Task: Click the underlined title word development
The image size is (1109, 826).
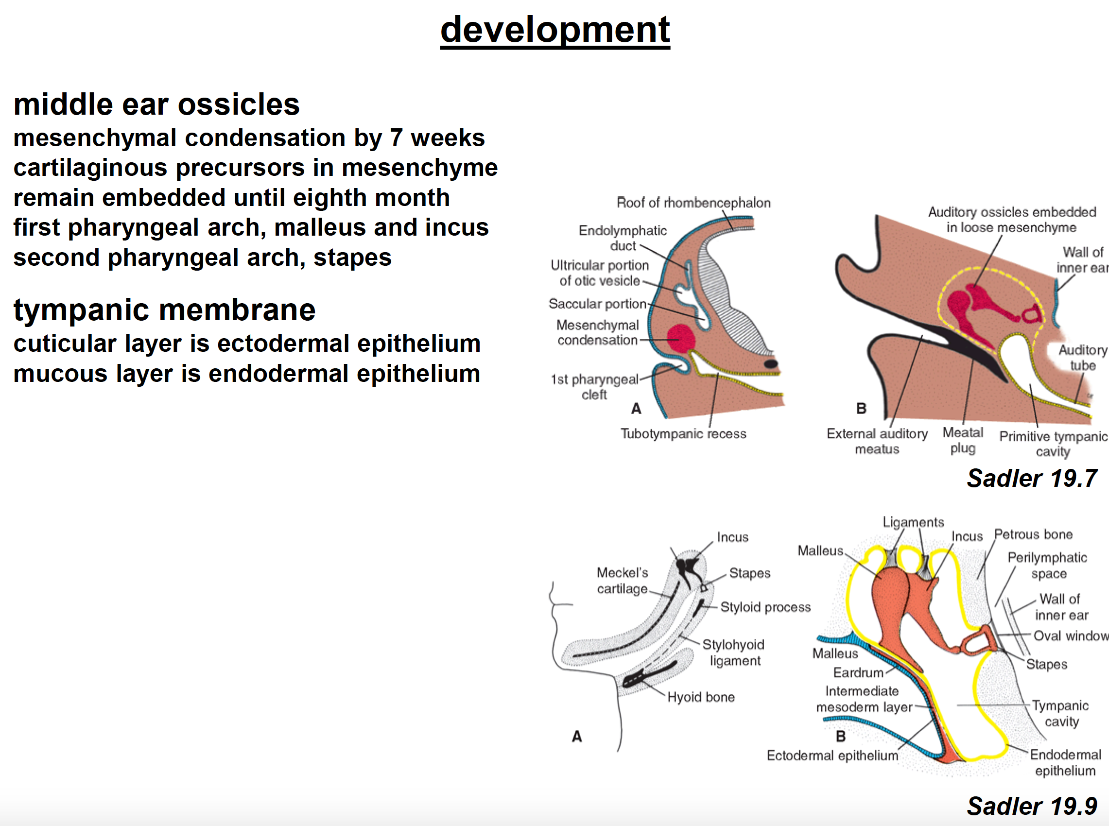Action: tap(554, 30)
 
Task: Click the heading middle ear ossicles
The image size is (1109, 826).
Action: tap(156, 104)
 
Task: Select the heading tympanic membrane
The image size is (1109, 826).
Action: tap(164, 310)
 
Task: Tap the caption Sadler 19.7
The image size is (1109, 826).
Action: tap(1032, 479)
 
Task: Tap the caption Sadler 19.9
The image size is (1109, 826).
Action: tap(1032, 806)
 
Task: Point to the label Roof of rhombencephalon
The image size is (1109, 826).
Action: tap(693, 203)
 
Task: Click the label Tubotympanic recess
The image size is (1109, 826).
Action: tap(683, 433)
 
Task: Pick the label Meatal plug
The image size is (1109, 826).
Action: tap(963, 441)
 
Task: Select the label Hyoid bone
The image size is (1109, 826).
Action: tap(700, 697)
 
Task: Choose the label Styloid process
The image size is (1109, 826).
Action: tap(765, 607)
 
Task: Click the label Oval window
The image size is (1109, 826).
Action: tap(1070, 636)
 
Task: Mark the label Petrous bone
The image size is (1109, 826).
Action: tap(1033, 534)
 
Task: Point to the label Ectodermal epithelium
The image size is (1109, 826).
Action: tap(832, 756)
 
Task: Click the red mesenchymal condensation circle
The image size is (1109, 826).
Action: tap(680, 339)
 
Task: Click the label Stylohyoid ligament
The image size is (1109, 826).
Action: tap(733, 653)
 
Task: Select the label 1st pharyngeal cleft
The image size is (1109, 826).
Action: tap(594, 386)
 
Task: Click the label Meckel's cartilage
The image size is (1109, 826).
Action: tap(622, 581)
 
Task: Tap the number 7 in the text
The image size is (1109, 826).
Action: tap(396, 138)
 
